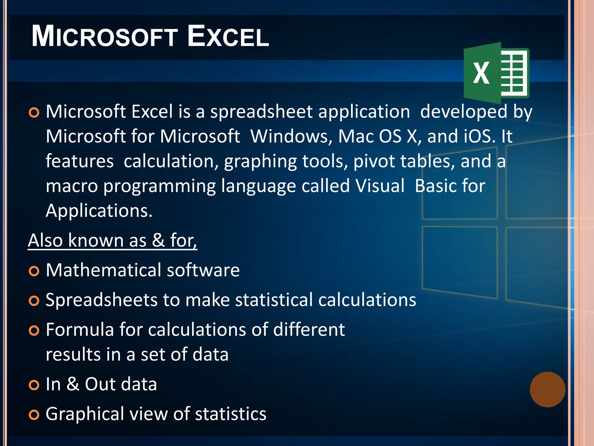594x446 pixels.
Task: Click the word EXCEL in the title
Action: pyautogui.click(x=228, y=36)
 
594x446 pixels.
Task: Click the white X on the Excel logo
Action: pyautogui.click(x=481, y=73)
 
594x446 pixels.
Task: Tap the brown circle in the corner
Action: pyautogui.click(x=547, y=389)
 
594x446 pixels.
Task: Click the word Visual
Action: pyautogui.click(x=380, y=186)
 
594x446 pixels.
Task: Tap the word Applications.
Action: pyautogui.click(x=99, y=211)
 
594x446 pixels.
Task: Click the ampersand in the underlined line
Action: pyautogui.click(x=158, y=240)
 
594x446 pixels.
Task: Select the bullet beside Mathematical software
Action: pyautogui.click(x=34, y=271)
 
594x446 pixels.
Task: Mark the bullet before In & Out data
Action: pyautogui.click(x=34, y=385)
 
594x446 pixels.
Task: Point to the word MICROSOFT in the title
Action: pyautogui.click(x=104, y=36)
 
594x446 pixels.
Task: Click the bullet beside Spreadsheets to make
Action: pyautogui.click(x=34, y=301)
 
